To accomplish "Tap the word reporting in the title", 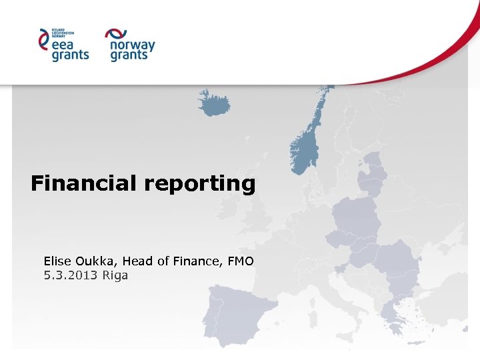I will pos(199,184).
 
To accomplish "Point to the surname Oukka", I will pos(96,261).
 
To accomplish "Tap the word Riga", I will pos(115,275).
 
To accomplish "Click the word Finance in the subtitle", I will pos(198,261).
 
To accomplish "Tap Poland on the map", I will pos(357,213).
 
